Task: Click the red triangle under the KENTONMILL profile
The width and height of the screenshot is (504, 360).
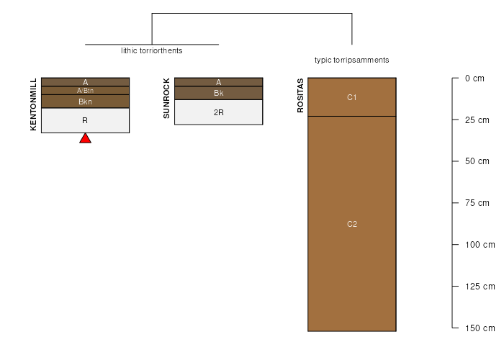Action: pos(85,138)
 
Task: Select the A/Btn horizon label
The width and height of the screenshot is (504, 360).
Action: pos(85,91)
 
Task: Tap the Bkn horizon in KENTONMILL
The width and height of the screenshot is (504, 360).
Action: pos(85,102)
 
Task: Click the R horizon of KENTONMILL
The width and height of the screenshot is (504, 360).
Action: pos(85,120)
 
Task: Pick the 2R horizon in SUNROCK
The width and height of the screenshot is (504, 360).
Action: pos(219,112)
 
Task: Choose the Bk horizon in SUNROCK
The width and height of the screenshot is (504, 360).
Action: pos(219,93)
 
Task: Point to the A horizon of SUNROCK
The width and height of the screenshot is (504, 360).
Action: pos(219,82)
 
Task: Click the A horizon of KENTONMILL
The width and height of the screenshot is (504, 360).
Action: pos(85,82)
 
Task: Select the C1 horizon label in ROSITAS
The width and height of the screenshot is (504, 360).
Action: pos(352,97)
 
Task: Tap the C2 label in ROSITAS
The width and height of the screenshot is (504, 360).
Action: pos(352,224)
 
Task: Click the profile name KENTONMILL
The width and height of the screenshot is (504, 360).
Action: pos(33,104)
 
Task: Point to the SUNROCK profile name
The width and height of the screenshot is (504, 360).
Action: pos(166,99)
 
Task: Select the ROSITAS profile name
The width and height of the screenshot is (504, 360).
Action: pos(300,96)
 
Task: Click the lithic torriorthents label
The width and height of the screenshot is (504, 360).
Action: pos(152,50)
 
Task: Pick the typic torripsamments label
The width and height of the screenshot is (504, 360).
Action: pos(351,60)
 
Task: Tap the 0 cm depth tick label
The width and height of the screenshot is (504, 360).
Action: pos(474,78)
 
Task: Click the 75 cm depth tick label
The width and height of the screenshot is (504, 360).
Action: pos(477,203)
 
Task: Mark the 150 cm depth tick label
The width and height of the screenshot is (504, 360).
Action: pos(480,328)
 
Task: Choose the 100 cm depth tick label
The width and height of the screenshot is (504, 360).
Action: pos(480,245)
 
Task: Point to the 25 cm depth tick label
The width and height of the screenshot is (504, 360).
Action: pos(477,120)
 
